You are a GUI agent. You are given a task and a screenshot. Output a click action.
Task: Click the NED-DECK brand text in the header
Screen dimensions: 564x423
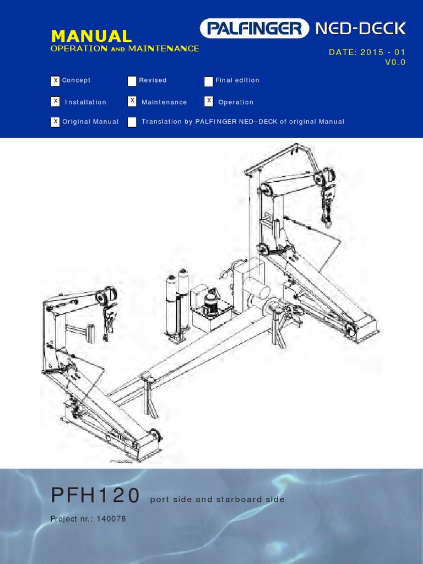tap(361, 28)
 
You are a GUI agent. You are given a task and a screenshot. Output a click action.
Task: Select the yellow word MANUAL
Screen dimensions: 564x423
tap(91, 36)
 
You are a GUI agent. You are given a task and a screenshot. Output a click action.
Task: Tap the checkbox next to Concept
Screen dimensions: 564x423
tap(55, 81)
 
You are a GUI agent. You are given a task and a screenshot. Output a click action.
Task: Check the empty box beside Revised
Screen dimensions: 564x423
tap(132, 81)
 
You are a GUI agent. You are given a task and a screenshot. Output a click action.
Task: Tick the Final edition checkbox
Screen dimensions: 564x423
tap(208, 81)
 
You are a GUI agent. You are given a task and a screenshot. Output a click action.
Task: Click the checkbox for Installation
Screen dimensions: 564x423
tap(55, 101)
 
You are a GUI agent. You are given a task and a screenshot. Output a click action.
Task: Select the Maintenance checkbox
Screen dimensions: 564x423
tap(132, 101)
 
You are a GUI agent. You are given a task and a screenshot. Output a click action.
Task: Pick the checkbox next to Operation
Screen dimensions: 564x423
tap(208, 101)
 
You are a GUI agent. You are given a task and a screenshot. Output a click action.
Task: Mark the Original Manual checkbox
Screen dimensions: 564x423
tap(55, 122)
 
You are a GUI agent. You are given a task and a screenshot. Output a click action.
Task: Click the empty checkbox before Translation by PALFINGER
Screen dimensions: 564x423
tap(132, 122)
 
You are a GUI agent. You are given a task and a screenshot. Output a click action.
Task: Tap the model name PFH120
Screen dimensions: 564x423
tap(95, 496)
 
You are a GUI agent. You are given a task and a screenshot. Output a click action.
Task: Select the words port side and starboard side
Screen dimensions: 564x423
tap(217, 499)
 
